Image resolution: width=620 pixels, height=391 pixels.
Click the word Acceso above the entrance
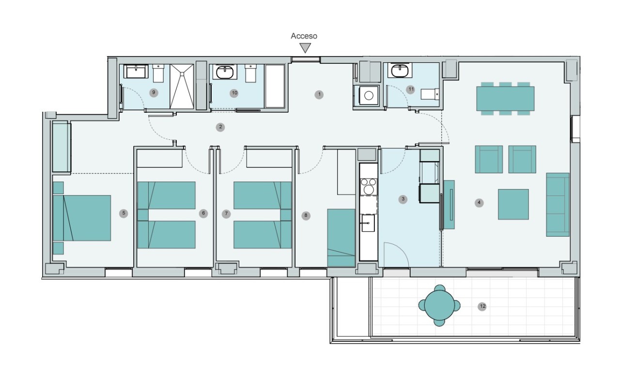point(304,36)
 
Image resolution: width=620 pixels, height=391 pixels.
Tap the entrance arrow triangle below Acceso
point(305,47)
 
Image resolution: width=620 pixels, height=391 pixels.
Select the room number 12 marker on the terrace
point(482,306)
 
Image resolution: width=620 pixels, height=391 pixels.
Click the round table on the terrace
point(439,305)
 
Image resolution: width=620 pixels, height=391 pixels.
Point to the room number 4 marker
point(479,203)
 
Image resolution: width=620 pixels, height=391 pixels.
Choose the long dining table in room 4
point(505,99)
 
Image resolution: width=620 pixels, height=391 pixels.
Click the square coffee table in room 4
point(513,204)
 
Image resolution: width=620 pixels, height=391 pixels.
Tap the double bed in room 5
point(86,218)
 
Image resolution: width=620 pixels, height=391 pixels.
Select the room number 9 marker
point(154,92)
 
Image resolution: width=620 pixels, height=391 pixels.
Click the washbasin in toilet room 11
point(400,72)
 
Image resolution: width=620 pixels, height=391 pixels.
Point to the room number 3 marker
point(403,199)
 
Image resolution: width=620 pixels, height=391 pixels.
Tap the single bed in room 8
point(341,237)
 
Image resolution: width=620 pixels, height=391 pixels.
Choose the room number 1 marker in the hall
point(319,94)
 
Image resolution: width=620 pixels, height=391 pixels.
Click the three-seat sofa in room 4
point(558,204)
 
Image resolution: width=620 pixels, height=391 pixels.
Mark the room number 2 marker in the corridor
point(220,127)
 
